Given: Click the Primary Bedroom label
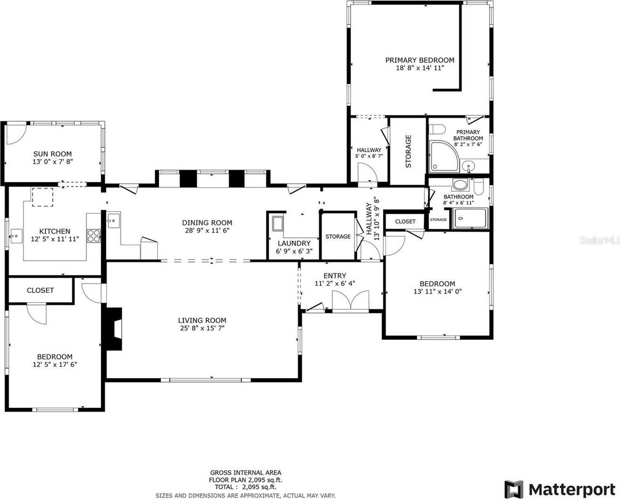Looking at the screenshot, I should click(419, 60).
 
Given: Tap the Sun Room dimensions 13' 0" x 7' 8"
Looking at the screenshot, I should click(52, 161).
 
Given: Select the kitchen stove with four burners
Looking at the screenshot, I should click(94, 235).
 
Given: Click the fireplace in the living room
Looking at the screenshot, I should click(113, 329).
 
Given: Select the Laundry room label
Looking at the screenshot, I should click(294, 243).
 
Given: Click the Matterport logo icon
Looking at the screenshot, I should click(514, 488).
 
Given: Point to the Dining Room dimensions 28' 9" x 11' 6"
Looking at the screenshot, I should click(207, 231).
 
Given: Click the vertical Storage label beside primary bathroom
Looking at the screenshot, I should click(408, 151).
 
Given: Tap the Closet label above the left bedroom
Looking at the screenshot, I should click(40, 290).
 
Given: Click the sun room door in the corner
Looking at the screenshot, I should click(15, 134).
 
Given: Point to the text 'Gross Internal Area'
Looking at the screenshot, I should click(245, 473).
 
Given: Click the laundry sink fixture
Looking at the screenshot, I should click(277, 223).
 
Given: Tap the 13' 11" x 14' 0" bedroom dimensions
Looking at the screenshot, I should click(437, 291).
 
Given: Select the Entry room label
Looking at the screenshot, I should click(335, 276).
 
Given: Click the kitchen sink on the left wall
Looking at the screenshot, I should click(16, 234).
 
